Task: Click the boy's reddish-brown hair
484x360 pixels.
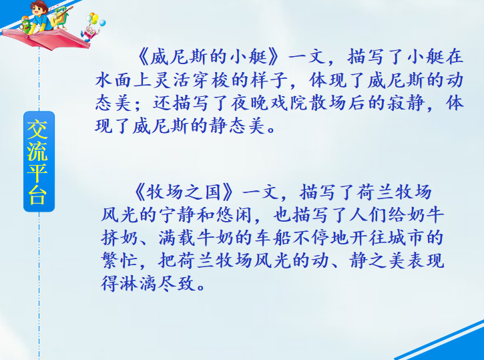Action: click(39, 5)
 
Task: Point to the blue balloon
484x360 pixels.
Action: click(102, 23)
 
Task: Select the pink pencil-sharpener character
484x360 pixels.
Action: click(90, 33)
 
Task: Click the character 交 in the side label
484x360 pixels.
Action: click(37, 130)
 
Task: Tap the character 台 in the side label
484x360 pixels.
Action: click(37, 196)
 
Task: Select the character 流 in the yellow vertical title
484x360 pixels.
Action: click(37, 152)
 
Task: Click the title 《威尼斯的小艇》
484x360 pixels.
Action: click(208, 57)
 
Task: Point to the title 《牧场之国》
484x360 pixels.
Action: click(184, 192)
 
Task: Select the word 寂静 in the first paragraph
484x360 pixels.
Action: click(406, 102)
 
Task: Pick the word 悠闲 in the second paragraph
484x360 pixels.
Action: click(234, 214)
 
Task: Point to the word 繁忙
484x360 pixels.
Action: click(119, 260)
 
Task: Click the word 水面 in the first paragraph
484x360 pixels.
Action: click(113, 79)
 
